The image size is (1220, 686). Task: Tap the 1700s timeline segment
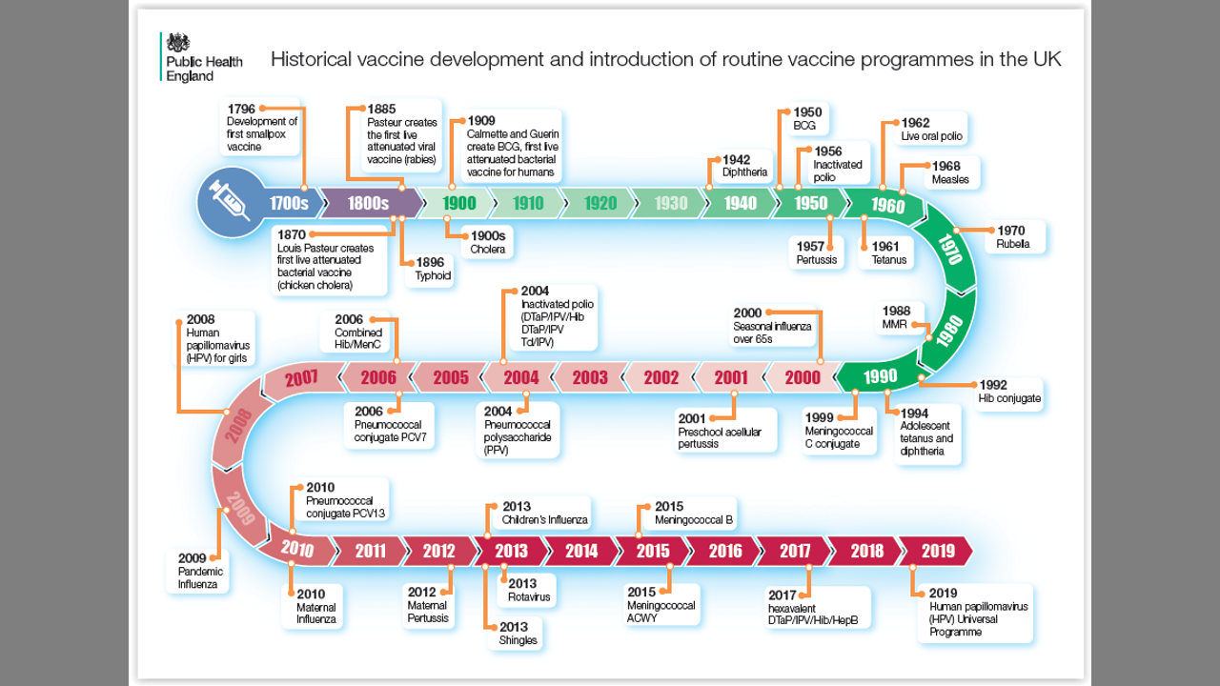pyautogui.click(x=289, y=203)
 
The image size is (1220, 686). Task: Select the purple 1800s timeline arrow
pyautogui.click(x=369, y=203)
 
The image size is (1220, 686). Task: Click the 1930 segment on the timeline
pyautogui.click(x=671, y=203)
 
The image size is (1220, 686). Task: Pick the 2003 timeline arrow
pyautogui.click(x=590, y=377)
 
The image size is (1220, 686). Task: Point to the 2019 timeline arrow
pyautogui.click(x=937, y=551)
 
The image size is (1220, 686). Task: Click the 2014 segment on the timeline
pyautogui.click(x=581, y=551)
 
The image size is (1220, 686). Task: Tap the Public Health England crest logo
pyautogui.click(x=178, y=44)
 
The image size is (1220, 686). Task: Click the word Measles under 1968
pyautogui.click(x=950, y=179)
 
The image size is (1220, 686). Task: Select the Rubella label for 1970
pyautogui.click(x=1013, y=243)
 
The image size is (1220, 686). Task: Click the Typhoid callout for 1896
pyautogui.click(x=433, y=276)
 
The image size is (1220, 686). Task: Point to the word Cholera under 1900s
pyautogui.click(x=487, y=249)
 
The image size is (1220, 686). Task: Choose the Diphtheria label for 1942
pyautogui.click(x=744, y=172)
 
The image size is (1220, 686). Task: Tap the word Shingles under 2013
pyautogui.click(x=518, y=640)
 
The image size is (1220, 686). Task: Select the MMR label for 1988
pyautogui.click(x=895, y=324)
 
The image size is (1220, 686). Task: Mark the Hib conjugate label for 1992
pyautogui.click(x=1009, y=398)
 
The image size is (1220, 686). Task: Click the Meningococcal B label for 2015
pyautogui.click(x=694, y=520)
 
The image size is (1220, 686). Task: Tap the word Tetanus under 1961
pyautogui.click(x=889, y=260)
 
